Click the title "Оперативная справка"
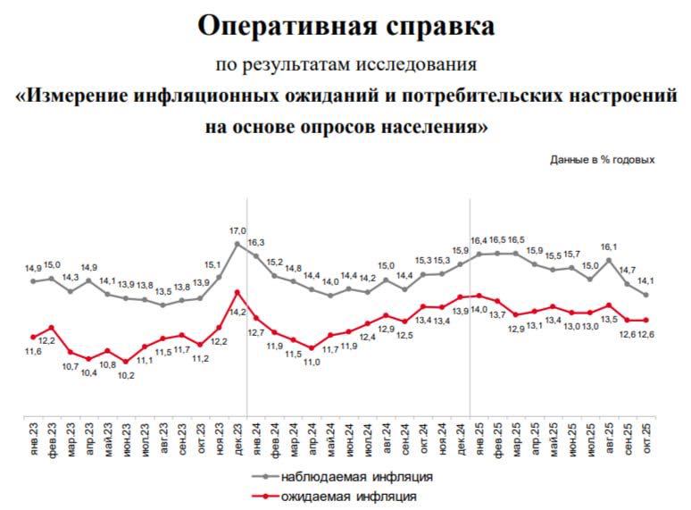(x=345, y=26)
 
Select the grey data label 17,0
(x=238, y=230)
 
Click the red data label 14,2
(x=237, y=312)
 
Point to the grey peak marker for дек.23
(x=237, y=243)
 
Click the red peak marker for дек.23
(x=237, y=291)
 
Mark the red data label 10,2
(x=126, y=375)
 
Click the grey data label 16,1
(x=609, y=247)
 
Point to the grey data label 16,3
(x=257, y=242)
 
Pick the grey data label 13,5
(x=163, y=291)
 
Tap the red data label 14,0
(x=480, y=309)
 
